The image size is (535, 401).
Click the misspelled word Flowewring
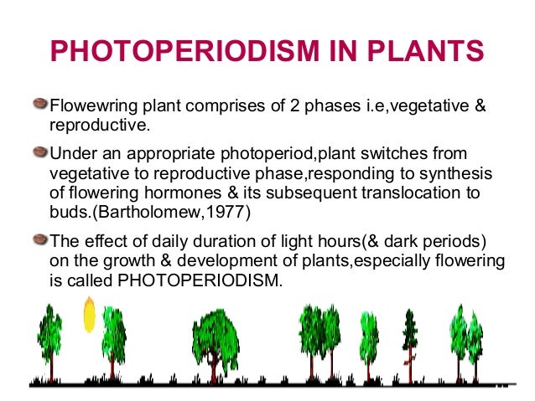click(89, 109)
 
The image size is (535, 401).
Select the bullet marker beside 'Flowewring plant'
click(40, 107)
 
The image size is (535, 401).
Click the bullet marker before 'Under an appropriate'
click(40, 153)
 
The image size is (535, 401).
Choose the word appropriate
click(182, 156)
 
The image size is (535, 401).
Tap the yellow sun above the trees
click(88, 315)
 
